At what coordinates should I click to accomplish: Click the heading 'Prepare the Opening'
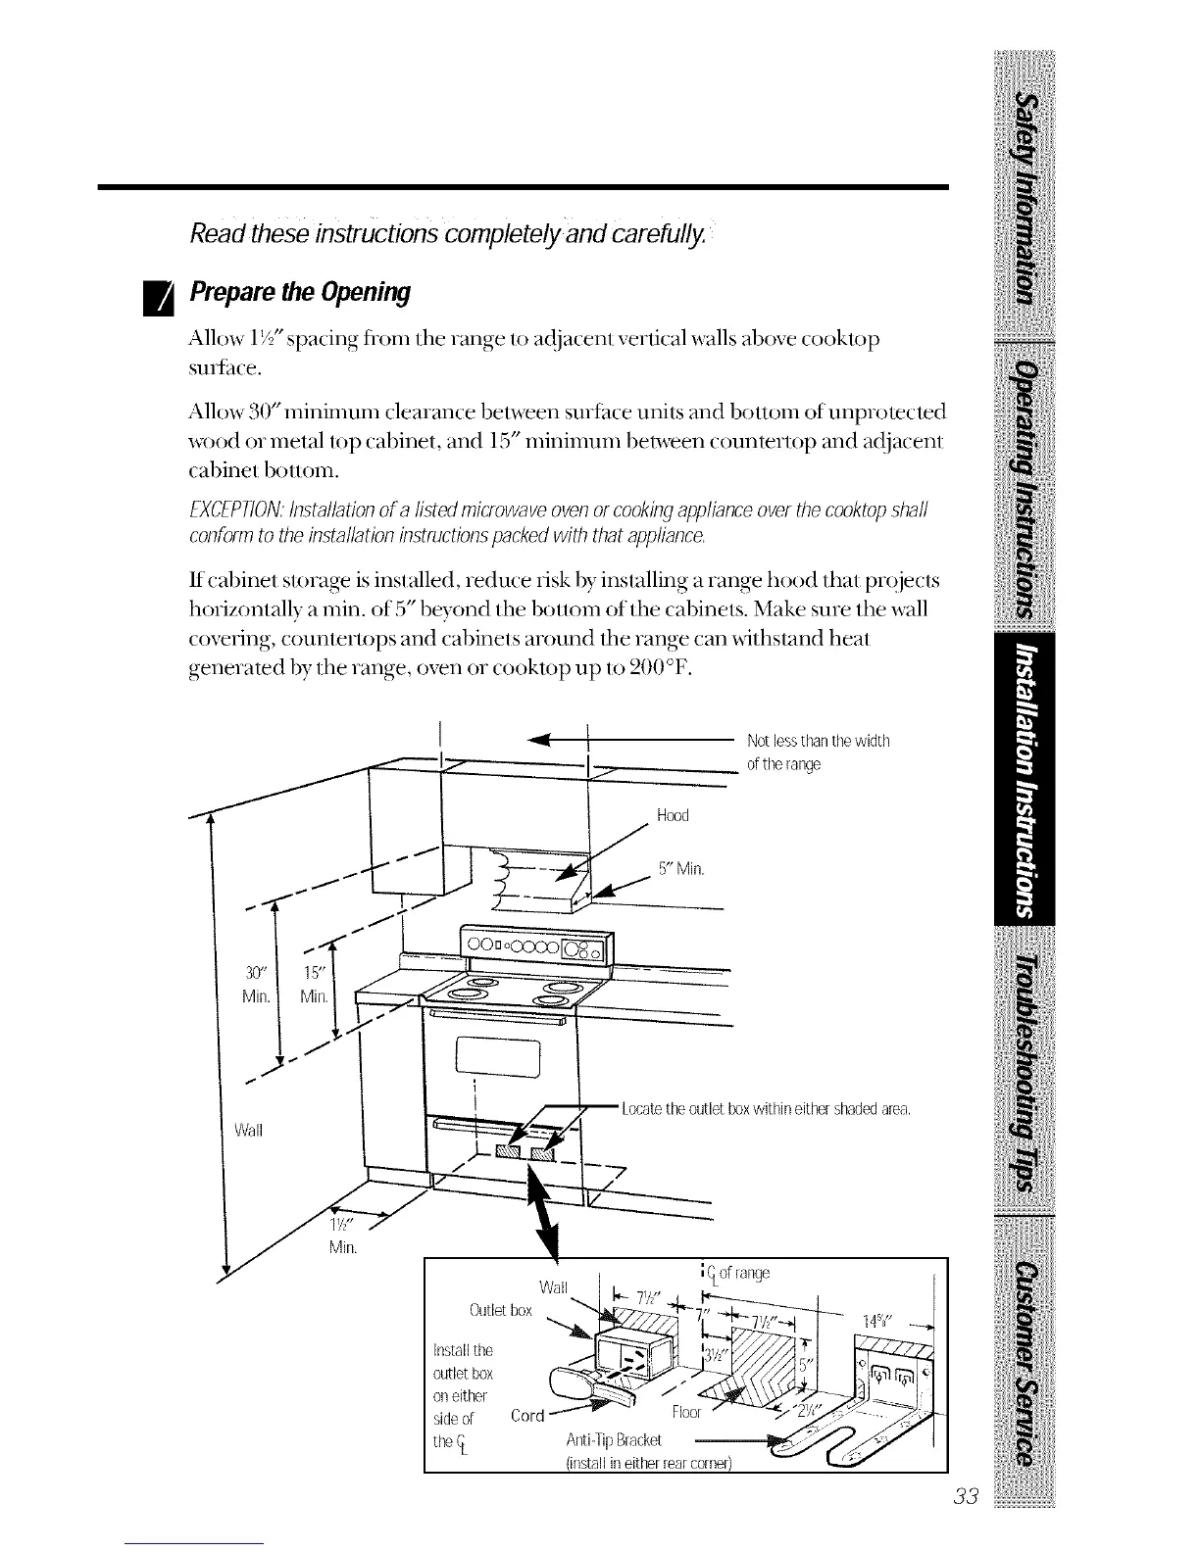(x=300, y=293)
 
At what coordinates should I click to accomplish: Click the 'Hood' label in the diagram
(x=674, y=816)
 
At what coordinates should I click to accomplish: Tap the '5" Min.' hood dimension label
(x=681, y=869)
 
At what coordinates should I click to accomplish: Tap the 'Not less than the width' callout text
(x=818, y=741)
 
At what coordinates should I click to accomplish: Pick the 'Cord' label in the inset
(x=528, y=1416)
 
